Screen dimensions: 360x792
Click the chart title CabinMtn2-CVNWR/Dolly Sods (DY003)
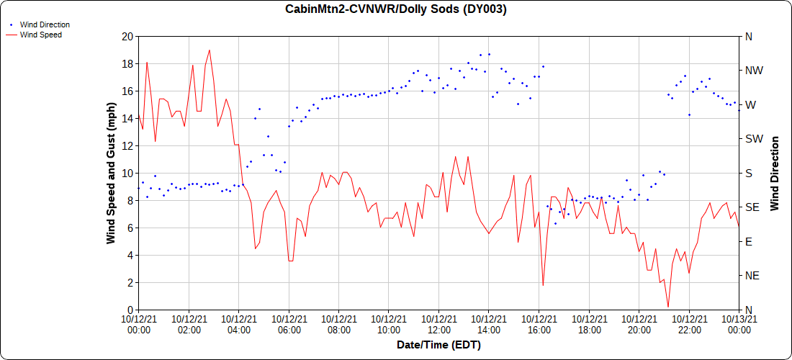(x=396, y=9)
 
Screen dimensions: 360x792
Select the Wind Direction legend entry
(x=45, y=24)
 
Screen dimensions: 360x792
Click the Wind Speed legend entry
(x=40, y=34)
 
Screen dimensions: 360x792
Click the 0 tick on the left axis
(x=130, y=310)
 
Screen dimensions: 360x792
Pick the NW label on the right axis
(x=754, y=71)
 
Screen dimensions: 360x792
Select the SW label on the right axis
(x=754, y=139)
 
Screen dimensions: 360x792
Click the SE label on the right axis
(x=752, y=207)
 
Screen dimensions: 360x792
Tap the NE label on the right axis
(x=752, y=276)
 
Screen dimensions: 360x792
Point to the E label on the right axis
(x=749, y=242)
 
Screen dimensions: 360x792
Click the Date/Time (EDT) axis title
(x=438, y=346)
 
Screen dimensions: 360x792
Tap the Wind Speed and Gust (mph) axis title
(x=111, y=173)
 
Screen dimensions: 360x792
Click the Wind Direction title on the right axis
(x=775, y=173)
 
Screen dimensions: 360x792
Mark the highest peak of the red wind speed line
(x=210, y=50)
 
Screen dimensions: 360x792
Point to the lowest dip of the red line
(x=668, y=307)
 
